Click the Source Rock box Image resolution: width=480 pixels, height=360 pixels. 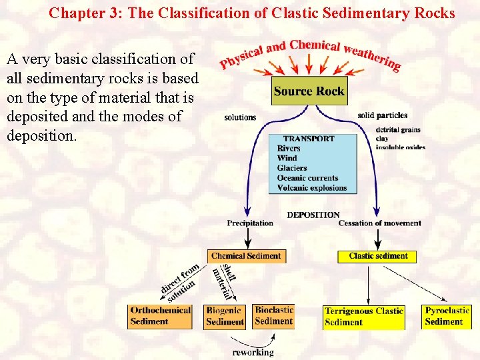click(309, 91)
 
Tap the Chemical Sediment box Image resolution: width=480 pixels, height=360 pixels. click(247, 256)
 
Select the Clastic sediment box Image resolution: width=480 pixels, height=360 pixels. click(378, 256)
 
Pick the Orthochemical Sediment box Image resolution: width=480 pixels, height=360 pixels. click(160, 316)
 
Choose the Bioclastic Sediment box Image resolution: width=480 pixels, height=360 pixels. click(273, 315)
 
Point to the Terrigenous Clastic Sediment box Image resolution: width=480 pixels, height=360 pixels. click(364, 317)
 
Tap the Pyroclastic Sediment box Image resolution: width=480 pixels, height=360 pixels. click(447, 316)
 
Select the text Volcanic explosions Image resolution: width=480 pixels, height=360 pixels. click(312, 188)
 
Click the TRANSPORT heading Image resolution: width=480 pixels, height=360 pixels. click(309, 139)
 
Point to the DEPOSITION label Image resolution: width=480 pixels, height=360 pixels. click(313, 215)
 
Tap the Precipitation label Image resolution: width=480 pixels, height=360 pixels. click(250, 223)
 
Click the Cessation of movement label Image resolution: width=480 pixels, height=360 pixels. click(379, 223)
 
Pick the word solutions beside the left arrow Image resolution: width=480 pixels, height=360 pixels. click(240, 117)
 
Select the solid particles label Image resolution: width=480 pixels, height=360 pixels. click(382, 115)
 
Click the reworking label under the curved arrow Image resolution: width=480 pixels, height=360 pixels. click(253, 351)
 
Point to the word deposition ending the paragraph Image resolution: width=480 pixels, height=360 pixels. click(41, 135)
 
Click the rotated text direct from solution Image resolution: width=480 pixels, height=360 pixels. click(179, 282)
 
